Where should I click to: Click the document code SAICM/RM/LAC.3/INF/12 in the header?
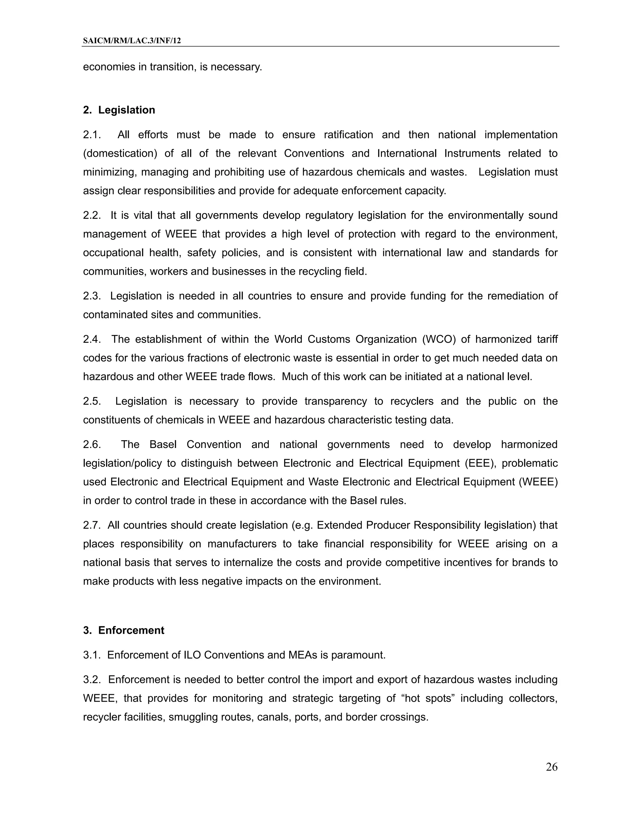pyautogui.click(x=132, y=41)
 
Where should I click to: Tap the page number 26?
pyautogui.click(x=551, y=767)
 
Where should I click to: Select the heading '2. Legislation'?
pyautogui.click(x=119, y=110)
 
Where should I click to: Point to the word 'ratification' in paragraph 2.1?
pyautogui.click(x=348, y=135)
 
